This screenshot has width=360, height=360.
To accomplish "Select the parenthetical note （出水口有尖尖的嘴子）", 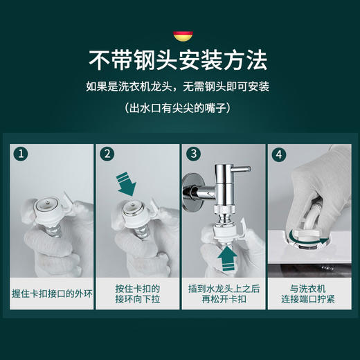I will pos(179,109).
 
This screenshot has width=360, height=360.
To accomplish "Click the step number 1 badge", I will pos(22,154).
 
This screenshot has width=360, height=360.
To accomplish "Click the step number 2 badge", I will pos(107,154).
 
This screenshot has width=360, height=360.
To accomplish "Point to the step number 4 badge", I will pos(279,154).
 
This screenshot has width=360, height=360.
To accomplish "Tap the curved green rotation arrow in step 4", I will pos(301,239).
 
